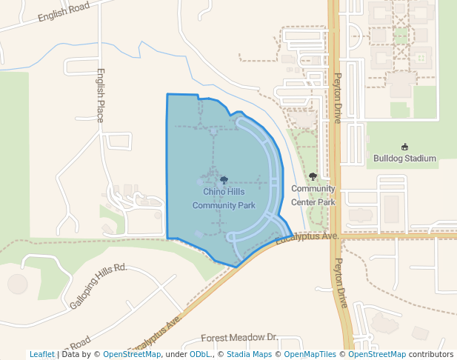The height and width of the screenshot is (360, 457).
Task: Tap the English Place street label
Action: click(100, 96)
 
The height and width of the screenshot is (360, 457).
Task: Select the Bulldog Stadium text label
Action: click(404, 159)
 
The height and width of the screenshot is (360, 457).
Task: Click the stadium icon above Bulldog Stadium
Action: click(404, 147)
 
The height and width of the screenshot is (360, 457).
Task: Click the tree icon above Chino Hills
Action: click(224, 180)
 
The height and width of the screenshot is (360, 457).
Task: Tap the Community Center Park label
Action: click(313, 195)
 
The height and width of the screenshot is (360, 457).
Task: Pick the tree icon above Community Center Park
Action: click(313, 177)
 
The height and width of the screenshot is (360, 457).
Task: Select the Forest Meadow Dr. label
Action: click(239, 338)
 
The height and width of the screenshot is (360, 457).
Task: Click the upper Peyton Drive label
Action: click(338, 98)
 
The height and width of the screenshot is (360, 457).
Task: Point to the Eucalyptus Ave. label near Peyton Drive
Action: click(307, 238)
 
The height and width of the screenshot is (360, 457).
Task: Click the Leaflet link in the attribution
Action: click(42, 354)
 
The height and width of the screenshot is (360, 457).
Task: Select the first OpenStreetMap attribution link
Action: click(132, 354)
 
